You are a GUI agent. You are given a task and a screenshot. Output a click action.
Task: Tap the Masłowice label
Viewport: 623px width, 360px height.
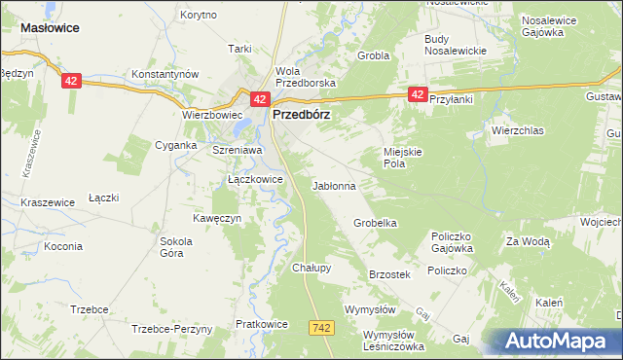click(x=50, y=29)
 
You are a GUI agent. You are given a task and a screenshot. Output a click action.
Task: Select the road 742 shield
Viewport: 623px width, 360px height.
click(x=323, y=328)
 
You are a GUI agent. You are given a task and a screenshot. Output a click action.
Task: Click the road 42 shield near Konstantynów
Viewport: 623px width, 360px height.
click(x=71, y=82)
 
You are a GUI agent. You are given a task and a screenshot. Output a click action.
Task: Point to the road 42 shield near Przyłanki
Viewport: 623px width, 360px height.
click(x=417, y=93)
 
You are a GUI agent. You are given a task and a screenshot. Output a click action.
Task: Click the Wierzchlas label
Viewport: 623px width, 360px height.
click(x=517, y=129)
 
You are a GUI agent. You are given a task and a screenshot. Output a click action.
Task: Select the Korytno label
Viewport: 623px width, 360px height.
click(x=199, y=17)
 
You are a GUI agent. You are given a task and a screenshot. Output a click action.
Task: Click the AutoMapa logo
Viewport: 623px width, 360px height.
click(x=558, y=342)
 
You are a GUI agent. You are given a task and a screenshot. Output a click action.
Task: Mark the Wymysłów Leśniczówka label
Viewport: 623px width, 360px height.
click(x=394, y=341)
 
